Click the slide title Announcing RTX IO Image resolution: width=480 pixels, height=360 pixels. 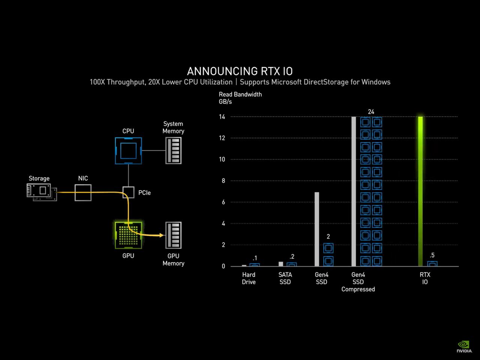pos(240,71)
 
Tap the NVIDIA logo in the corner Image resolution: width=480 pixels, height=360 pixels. pos(464,346)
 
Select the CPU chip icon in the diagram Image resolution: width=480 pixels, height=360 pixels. pos(128,151)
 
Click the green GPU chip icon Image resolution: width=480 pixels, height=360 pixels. pos(128,235)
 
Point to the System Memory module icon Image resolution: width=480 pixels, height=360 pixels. pos(173,150)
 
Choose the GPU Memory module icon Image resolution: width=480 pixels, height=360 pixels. pos(173,235)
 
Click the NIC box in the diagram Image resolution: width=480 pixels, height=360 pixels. pos(83,193)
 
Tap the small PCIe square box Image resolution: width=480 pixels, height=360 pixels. pos(128,192)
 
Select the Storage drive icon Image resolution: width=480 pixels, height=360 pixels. pos(42,192)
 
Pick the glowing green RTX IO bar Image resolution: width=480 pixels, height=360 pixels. pos(420,191)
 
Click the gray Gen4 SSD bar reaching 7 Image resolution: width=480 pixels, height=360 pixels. pos(316,229)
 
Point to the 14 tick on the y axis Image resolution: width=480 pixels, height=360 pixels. pos(222,117)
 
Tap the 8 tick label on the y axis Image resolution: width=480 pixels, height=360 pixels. pos(223,181)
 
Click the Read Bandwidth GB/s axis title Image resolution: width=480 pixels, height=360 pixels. pos(240,98)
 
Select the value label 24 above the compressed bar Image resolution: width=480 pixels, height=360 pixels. pos(371,112)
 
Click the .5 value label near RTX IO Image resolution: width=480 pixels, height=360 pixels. pos(432,255)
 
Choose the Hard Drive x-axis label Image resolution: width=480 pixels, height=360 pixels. pos(249,278)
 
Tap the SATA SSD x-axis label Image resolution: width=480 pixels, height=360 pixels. pos(285,278)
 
